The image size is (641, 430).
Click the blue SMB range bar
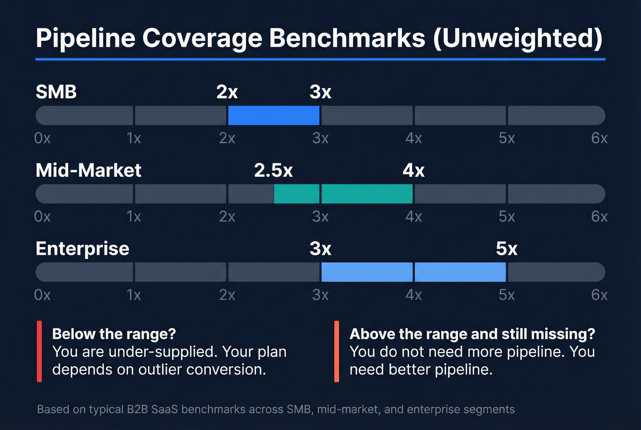273,115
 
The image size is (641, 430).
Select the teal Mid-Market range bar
343,194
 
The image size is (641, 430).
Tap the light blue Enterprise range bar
413,272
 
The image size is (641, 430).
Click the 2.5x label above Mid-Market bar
273,170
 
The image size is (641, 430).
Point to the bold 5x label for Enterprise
506,249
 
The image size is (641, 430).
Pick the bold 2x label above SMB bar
227,92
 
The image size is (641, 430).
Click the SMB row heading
56,92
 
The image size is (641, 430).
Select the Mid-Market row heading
88,170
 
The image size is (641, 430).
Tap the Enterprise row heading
82,249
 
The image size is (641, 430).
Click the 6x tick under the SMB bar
599,138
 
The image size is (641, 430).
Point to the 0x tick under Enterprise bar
42,294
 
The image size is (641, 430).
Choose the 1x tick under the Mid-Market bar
134,216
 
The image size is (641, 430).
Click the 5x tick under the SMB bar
506,138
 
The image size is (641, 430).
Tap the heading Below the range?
114,334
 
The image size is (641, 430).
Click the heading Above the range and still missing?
472,334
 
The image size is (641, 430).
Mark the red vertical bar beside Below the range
39,351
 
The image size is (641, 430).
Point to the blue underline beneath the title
320,59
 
